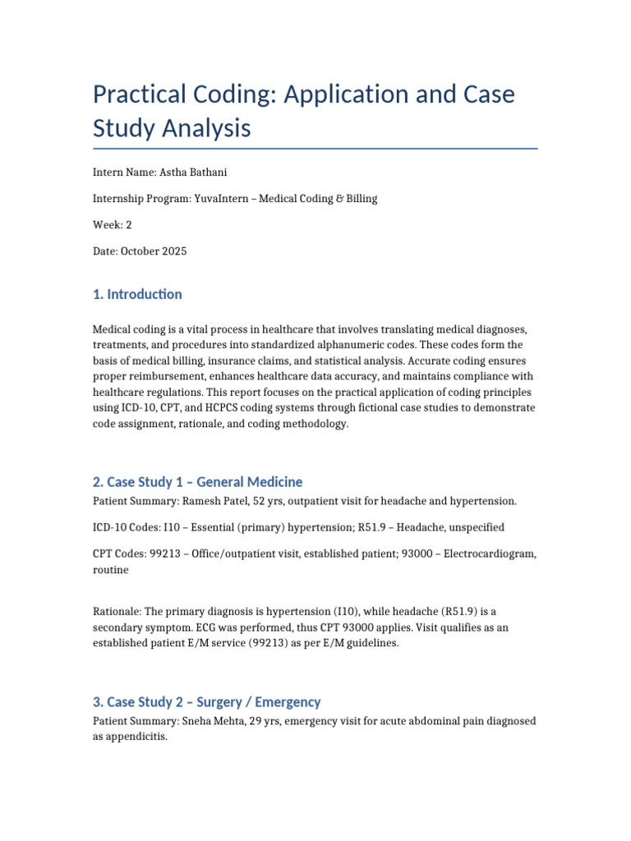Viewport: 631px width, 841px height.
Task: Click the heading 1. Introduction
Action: point(137,294)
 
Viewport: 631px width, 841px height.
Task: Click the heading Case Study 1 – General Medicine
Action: point(197,482)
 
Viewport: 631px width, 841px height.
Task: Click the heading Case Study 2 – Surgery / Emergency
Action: point(206,701)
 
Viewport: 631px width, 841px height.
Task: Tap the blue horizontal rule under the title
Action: point(315,149)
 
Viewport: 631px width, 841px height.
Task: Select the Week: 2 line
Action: point(113,225)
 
